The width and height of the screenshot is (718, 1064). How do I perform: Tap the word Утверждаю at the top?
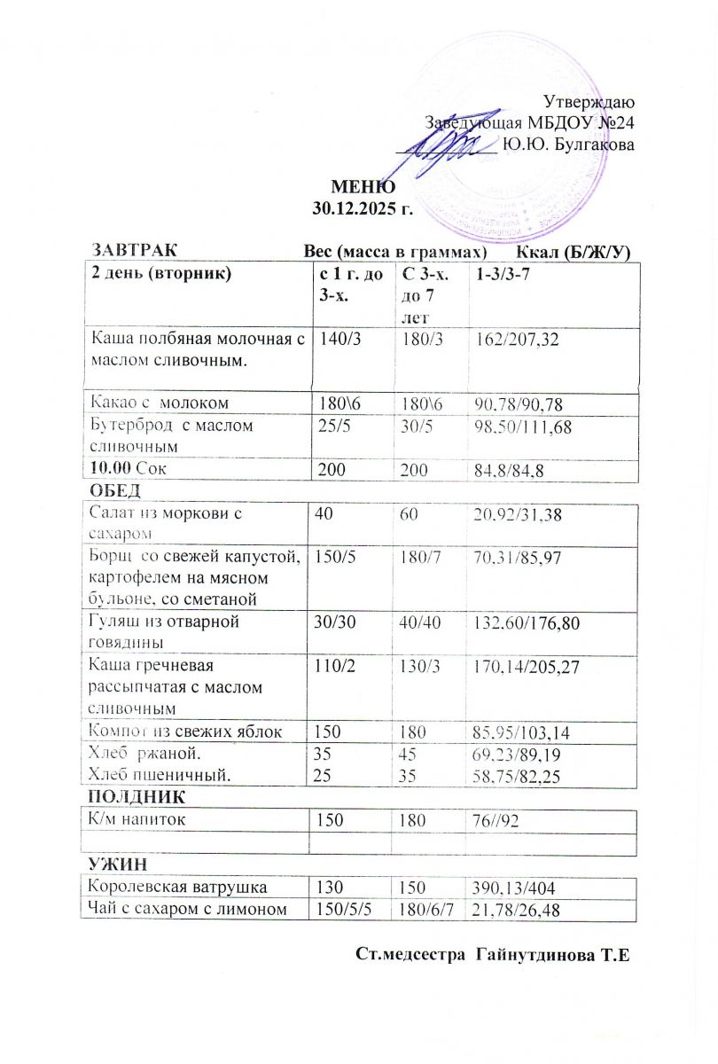pos(588,101)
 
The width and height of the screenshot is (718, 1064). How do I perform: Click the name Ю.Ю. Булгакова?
pos(567,144)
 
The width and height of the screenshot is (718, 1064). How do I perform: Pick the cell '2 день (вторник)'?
pos(160,274)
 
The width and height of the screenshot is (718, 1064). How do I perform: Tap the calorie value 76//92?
pos(501,820)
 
